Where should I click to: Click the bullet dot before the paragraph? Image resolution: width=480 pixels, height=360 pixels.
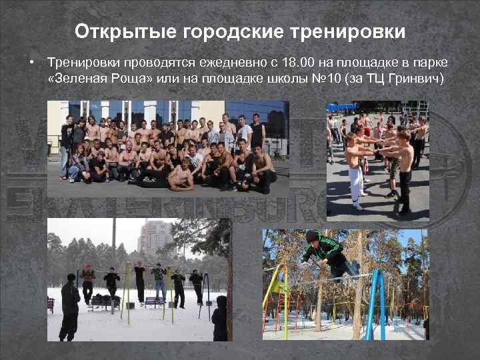coord(31,63)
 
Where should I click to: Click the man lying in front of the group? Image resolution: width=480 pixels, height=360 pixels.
coord(176,175)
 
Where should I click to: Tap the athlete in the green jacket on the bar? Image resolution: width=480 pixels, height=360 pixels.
coord(323,253)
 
